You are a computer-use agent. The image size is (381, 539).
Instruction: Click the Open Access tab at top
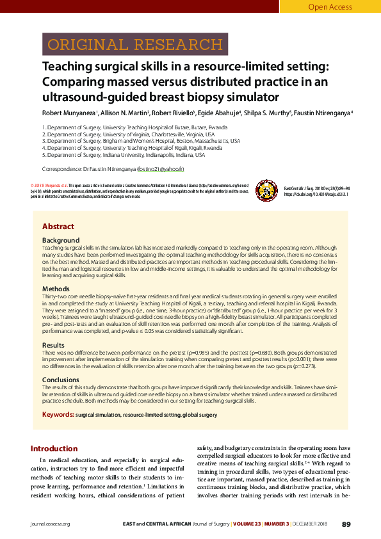(330, 7)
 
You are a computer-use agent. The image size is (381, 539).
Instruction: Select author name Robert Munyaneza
(69, 113)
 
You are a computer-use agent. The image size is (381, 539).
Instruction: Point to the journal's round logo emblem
(264, 189)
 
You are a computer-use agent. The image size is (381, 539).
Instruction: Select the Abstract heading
(58, 227)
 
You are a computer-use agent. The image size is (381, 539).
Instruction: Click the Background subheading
(61, 240)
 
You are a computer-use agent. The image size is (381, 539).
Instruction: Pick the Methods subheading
(56, 289)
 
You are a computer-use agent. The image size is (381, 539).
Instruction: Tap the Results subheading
(54, 344)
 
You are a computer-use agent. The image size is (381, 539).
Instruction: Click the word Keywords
(57, 415)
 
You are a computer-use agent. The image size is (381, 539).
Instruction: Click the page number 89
(346, 524)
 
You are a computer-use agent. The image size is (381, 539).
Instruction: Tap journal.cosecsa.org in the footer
(50, 524)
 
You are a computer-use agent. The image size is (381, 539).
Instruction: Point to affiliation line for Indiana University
(123, 155)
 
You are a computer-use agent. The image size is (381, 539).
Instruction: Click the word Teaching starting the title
(69, 67)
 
